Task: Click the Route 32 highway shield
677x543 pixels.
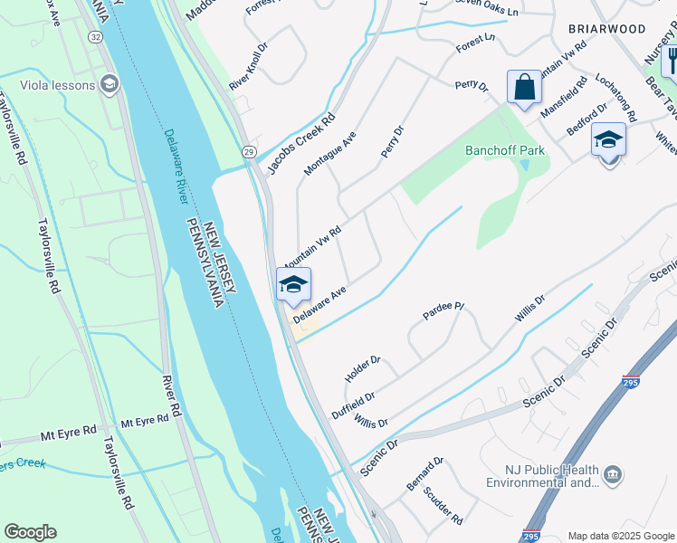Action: point(95,36)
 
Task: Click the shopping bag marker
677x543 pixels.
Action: point(524,88)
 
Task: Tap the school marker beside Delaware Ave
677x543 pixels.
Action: point(292,285)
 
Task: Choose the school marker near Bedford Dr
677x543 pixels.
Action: point(608,140)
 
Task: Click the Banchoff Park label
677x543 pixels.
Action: point(505,150)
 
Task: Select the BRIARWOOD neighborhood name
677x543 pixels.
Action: point(606,29)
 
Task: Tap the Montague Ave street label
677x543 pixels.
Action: point(330,152)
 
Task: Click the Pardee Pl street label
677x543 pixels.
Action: point(443,311)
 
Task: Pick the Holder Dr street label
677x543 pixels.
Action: point(363,367)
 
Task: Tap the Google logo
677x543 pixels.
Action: point(30,532)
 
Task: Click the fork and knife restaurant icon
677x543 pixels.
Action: point(670,60)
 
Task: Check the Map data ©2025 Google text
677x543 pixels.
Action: point(620,536)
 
